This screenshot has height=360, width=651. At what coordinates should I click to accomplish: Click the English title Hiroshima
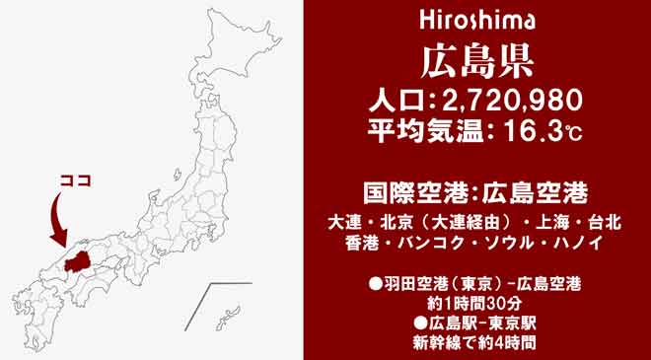[476, 20]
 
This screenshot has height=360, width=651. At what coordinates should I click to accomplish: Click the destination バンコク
[427, 242]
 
